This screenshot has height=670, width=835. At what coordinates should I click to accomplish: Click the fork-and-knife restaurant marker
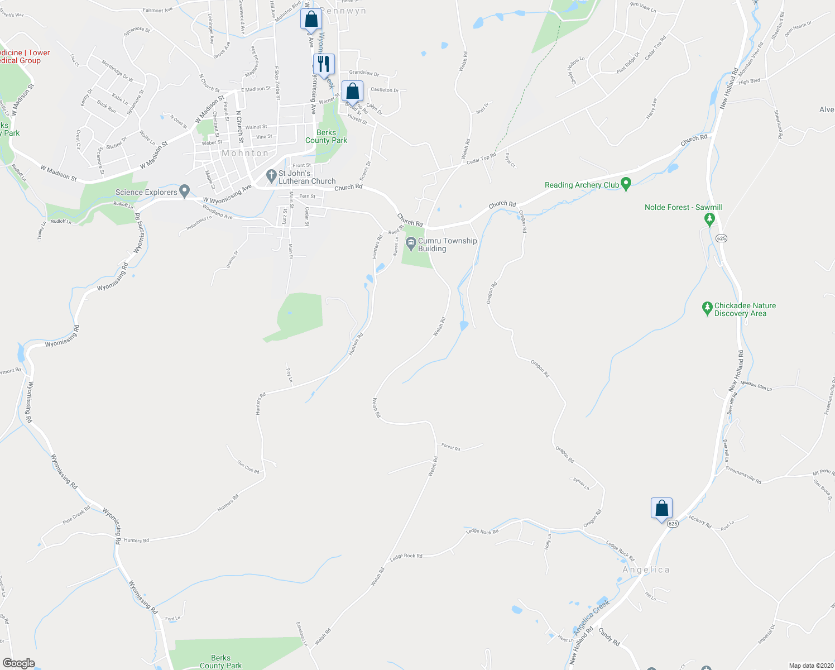(324, 64)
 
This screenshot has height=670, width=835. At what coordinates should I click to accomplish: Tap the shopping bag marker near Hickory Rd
(661, 509)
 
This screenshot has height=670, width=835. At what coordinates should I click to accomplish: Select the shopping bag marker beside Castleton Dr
(352, 91)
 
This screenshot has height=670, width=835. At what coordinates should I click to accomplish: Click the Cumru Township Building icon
(411, 242)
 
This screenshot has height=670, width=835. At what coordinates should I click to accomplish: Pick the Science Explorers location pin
(184, 191)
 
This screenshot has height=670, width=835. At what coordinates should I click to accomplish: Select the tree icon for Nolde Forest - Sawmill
(709, 219)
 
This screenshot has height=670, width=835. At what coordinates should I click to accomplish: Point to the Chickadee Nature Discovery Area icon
(707, 307)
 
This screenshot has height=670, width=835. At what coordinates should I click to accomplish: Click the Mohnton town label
(245, 153)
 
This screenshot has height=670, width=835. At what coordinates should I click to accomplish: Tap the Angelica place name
(646, 569)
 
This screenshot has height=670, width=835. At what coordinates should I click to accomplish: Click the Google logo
(19, 663)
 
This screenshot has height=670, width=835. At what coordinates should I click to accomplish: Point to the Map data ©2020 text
(809, 666)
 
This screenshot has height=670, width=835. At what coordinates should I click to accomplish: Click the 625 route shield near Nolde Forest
(721, 238)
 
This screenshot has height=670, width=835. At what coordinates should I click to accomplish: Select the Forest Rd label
(450, 447)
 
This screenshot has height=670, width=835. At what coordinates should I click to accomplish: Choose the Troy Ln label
(289, 375)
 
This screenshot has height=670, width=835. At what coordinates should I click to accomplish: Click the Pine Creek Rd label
(76, 515)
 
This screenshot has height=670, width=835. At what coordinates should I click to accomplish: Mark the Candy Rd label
(609, 637)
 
